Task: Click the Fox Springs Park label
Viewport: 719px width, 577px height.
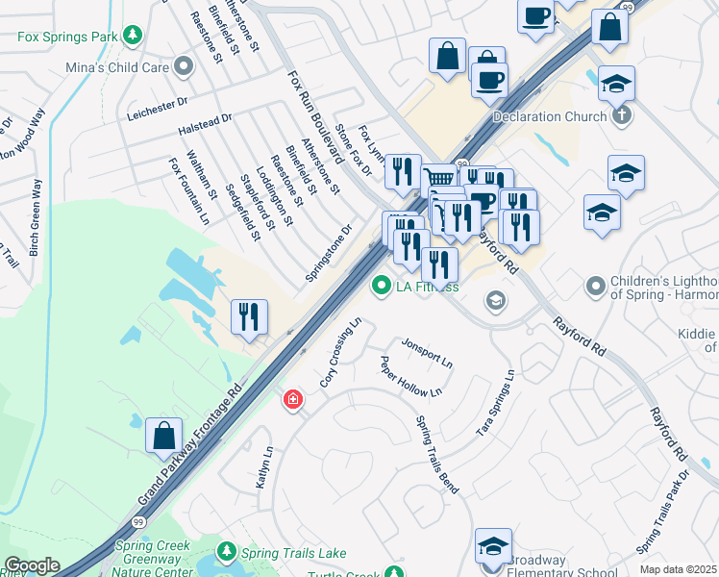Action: click(65, 38)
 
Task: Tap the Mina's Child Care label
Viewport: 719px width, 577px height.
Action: click(116, 67)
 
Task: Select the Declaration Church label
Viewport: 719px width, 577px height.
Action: click(549, 117)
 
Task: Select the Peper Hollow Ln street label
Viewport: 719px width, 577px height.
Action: click(410, 377)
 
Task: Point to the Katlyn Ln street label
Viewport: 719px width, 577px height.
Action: click(264, 466)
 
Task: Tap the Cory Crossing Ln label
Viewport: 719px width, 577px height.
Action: click(340, 352)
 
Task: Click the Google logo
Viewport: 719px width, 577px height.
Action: click(32, 565)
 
